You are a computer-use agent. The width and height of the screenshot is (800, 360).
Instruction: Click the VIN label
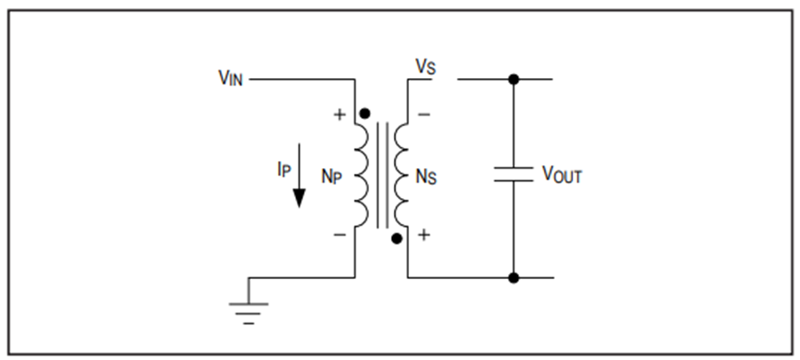[x=230, y=78]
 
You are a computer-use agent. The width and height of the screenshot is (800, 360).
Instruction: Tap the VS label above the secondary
[x=426, y=68]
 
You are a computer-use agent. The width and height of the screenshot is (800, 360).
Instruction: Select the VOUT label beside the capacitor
[x=561, y=175]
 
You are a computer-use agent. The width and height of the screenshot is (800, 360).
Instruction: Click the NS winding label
[x=427, y=177]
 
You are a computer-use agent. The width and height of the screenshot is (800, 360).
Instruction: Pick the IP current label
[x=284, y=170]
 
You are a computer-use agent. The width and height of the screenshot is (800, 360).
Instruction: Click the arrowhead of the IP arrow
[x=299, y=198]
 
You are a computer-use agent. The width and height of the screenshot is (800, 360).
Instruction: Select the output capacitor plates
[x=513, y=174]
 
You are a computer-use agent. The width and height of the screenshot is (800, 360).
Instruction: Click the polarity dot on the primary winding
[x=364, y=114]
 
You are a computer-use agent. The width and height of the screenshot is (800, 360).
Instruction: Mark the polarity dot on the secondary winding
[x=396, y=238]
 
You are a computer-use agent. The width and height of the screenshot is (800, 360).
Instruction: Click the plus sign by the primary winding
[x=340, y=114]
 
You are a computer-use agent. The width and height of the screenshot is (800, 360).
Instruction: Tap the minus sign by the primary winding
[x=340, y=235]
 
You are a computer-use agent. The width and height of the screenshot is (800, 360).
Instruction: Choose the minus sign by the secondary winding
[x=424, y=114]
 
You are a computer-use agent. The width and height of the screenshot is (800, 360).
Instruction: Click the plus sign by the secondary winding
[x=424, y=235]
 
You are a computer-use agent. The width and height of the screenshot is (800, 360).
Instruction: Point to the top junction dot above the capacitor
[x=514, y=79]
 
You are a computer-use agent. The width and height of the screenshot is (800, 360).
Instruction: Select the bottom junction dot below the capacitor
[x=514, y=278]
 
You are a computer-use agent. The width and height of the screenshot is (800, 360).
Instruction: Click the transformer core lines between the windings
[x=382, y=175]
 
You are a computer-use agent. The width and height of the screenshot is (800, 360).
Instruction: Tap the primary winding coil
[x=361, y=175]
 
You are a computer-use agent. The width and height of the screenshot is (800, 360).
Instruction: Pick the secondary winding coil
[x=402, y=175]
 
